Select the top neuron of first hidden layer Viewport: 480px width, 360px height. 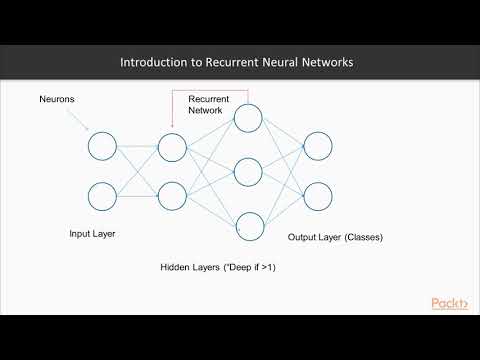[x=172, y=148]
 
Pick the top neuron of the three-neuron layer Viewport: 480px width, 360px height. [x=248, y=119]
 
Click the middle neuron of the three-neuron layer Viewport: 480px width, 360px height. [x=248, y=171]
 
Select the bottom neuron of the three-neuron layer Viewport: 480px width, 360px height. [x=248, y=225]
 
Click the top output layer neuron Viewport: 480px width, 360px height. [x=318, y=147]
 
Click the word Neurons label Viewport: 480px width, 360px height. [x=56, y=100]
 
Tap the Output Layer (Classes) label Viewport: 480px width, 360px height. [x=335, y=238]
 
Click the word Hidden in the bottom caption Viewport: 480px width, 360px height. [x=176, y=269]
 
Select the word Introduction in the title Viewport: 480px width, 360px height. [x=150, y=62]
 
